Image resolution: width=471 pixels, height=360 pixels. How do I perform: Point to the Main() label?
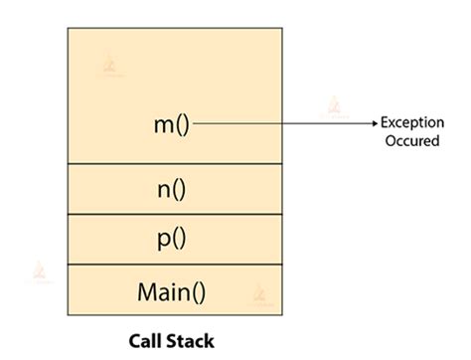click(174, 293)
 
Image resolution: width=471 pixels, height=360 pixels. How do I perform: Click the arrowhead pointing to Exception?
click(375, 124)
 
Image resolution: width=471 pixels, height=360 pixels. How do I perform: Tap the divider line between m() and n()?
click(174, 164)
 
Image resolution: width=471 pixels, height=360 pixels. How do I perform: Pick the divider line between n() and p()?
click(174, 215)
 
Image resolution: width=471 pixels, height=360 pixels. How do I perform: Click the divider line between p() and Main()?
click(174, 266)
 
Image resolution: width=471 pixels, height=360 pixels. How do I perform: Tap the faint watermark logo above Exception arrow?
click(333, 104)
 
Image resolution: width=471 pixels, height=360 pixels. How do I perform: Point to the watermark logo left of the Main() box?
click(41, 270)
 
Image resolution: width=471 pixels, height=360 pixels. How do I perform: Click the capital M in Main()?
click(145, 293)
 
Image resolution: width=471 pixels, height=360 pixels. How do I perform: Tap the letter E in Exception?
click(388, 123)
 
